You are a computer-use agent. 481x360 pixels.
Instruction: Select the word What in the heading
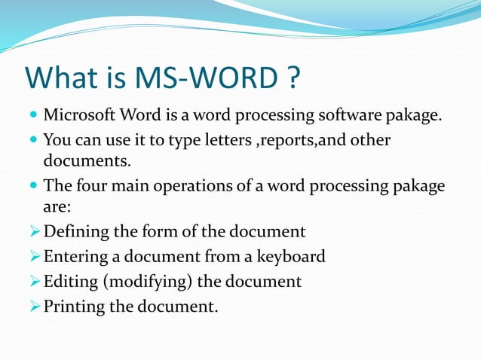click(x=63, y=79)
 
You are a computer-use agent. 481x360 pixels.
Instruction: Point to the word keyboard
click(x=290, y=256)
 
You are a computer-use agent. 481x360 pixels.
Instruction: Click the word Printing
click(x=74, y=306)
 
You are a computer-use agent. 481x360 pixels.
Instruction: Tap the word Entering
click(x=75, y=256)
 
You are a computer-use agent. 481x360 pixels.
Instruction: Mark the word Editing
click(x=69, y=282)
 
